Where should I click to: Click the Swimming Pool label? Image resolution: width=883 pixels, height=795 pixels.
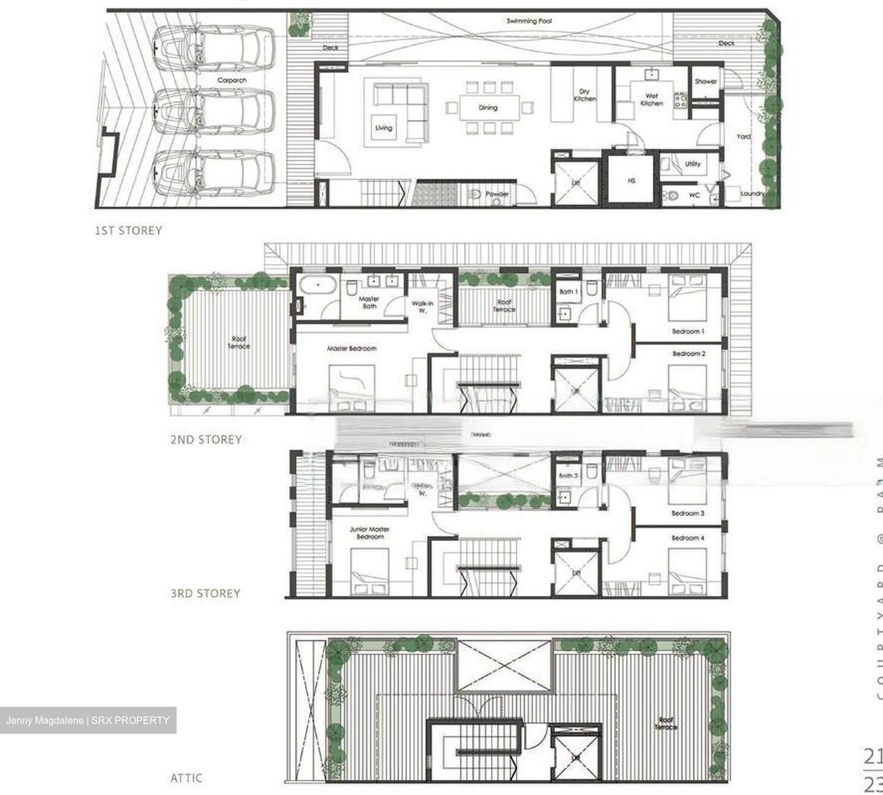529,21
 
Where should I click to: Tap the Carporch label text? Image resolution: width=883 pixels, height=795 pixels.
232,80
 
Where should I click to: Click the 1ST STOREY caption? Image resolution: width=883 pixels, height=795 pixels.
128,230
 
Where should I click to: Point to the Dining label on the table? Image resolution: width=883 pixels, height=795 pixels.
488,108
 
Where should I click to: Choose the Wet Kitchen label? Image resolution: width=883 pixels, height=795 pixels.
652,100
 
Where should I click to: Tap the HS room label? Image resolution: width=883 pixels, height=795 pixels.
632,181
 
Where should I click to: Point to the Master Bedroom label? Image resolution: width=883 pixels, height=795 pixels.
351,349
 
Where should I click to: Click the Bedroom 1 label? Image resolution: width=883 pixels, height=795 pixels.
688,332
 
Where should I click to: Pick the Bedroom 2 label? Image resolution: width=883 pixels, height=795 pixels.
689,354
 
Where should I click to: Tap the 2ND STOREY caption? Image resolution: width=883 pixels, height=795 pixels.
206,439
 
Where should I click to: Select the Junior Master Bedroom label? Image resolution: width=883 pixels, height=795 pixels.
370,533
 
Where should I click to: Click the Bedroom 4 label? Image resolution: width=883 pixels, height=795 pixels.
688,538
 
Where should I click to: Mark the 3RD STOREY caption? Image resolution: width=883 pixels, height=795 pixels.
205,593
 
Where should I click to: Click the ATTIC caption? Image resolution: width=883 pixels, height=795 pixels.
186,778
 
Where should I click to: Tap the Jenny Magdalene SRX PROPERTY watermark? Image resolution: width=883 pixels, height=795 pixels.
88,720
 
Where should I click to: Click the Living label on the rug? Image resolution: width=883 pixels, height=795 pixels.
384,128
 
